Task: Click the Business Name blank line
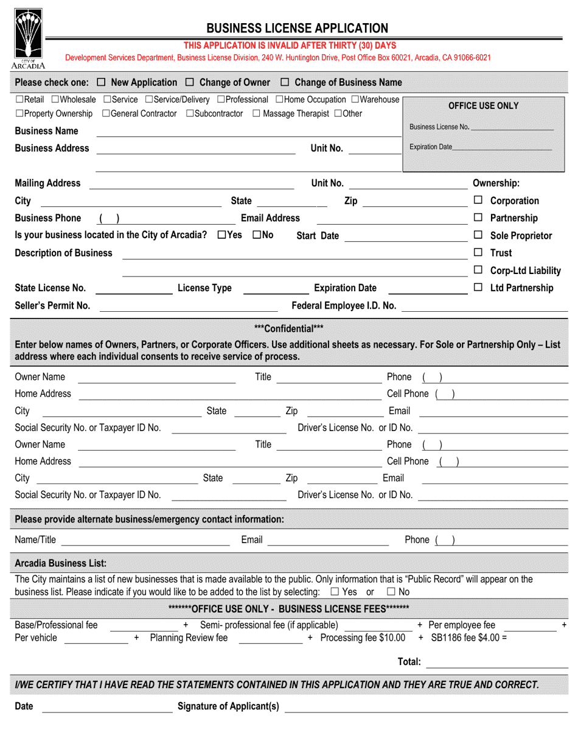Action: pos(248,133)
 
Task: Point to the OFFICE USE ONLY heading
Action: pos(483,106)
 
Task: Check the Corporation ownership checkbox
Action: pos(478,200)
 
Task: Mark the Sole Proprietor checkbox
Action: pos(478,235)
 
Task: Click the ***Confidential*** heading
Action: pos(288,328)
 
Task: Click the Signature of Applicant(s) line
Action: pos(426,709)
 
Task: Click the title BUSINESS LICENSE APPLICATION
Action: pos(297,28)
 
